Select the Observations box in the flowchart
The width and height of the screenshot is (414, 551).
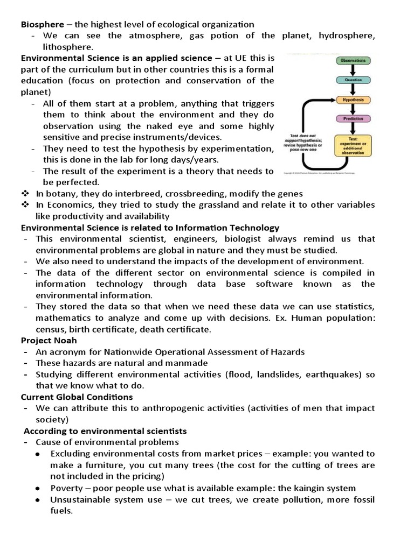(x=353, y=61)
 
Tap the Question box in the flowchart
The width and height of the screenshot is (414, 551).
(x=353, y=80)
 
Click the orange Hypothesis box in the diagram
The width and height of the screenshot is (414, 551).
(x=353, y=100)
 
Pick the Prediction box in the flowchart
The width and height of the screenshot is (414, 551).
(x=353, y=119)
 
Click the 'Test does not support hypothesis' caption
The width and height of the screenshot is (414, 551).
(x=305, y=144)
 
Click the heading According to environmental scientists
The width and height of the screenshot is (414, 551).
(x=105, y=431)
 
